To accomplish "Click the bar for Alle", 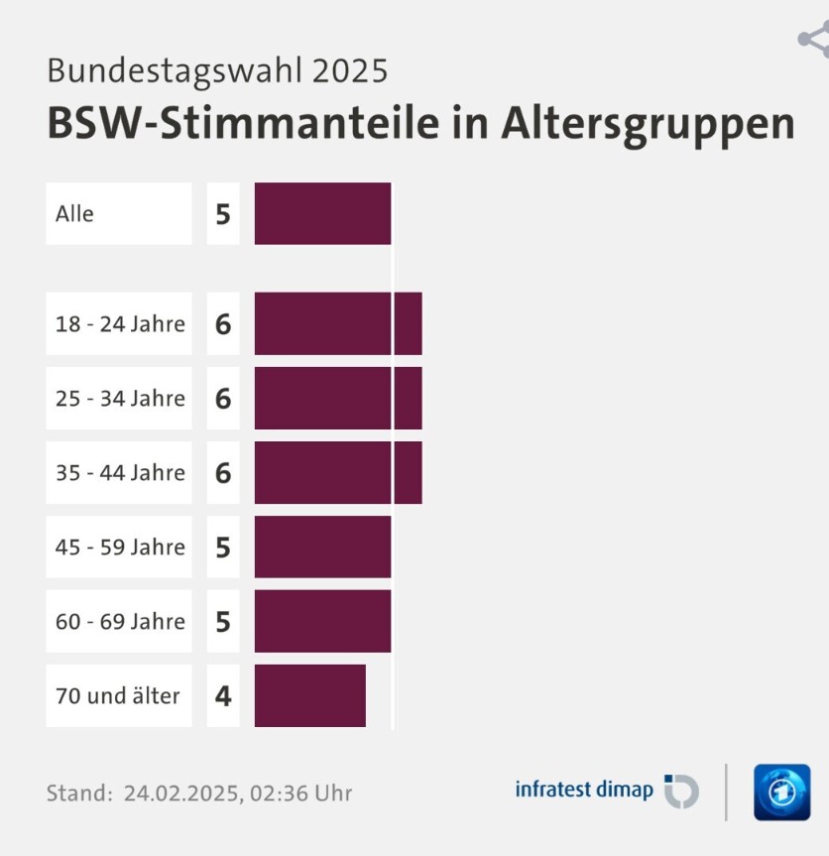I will pyautogui.click(x=322, y=213).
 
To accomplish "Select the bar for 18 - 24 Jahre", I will pyautogui.click(x=338, y=323).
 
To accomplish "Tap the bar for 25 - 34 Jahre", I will pyautogui.click(x=338, y=398).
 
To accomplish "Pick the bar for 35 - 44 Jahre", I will pyautogui.click(x=338, y=472).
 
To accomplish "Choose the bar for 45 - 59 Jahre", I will pyautogui.click(x=322, y=547).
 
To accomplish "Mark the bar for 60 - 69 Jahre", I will pyautogui.click(x=322, y=621).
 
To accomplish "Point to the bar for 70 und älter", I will pyautogui.click(x=309, y=695).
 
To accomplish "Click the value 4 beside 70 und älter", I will pyautogui.click(x=223, y=696).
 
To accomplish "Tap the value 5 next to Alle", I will pyautogui.click(x=223, y=213).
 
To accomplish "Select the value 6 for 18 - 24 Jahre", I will pyautogui.click(x=223, y=323).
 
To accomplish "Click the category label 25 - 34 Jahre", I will pyautogui.click(x=120, y=398).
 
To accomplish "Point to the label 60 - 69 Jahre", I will pyautogui.click(x=120, y=621).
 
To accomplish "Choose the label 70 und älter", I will pyautogui.click(x=118, y=695).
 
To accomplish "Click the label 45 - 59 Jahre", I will pyautogui.click(x=120, y=547).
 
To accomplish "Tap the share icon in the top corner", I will pyautogui.click(x=814, y=40).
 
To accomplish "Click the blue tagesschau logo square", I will pyautogui.click(x=781, y=792).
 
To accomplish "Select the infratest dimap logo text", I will pyautogui.click(x=584, y=790).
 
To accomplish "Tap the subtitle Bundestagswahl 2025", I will pyautogui.click(x=217, y=70).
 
